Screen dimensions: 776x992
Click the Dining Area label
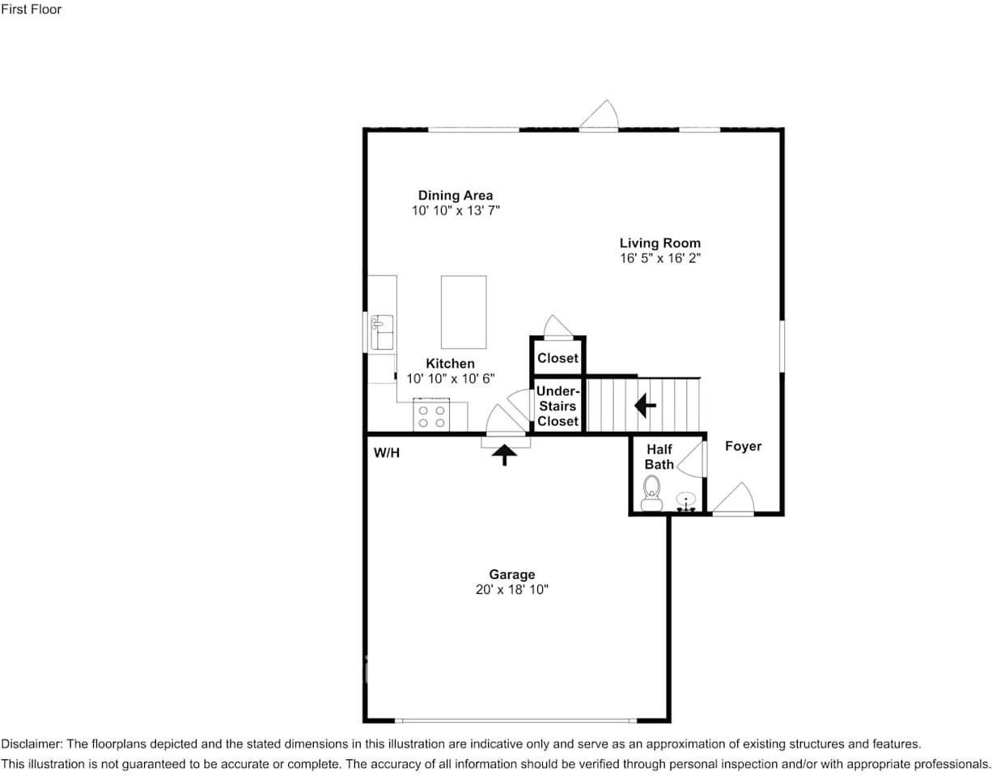pyautogui.click(x=455, y=196)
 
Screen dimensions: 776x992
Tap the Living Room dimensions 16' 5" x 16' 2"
pyautogui.click(x=659, y=259)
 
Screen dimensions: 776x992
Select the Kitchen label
pyautogui.click(x=450, y=364)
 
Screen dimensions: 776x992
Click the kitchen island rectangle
pyautogui.click(x=464, y=312)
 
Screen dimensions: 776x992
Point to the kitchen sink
pyautogui.click(x=382, y=333)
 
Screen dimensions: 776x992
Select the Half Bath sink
pyautogui.click(x=686, y=501)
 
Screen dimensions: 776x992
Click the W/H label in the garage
pyautogui.click(x=386, y=453)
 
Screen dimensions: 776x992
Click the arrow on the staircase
pyautogui.click(x=645, y=405)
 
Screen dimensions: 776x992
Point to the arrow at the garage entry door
pyautogui.click(x=504, y=455)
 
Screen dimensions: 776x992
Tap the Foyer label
pyautogui.click(x=743, y=446)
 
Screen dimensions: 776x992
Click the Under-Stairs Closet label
pyautogui.click(x=557, y=406)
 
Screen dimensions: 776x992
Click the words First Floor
pyautogui.click(x=31, y=10)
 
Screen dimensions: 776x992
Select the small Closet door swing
pyautogui.click(x=557, y=327)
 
